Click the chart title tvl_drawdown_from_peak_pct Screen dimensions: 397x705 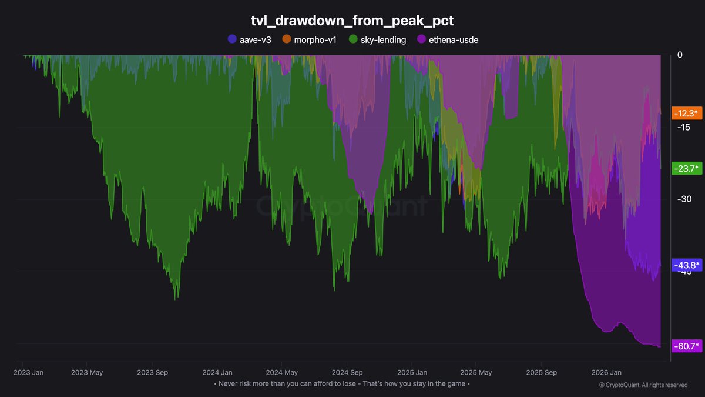click(x=352, y=20)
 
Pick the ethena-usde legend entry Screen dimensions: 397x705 click(x=447, y=40)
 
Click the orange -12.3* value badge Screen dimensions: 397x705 click(x=686, y=114)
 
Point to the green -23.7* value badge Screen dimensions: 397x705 click(x=686, y=169)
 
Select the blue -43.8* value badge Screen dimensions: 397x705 click(x=686, y=265)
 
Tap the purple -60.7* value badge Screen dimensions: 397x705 click(x=686, y=346)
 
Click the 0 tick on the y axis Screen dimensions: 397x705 click(x=680, y=55)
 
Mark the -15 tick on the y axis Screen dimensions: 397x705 click(x=682, y=128)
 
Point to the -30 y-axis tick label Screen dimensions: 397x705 click(x=682, y=199)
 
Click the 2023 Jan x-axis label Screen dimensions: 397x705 click(x=28, y=372)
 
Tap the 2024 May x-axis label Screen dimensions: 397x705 click(x=282, y=372)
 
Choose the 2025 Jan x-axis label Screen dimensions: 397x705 click(x=412, y=372)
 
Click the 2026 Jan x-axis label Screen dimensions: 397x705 click(x=606, y=372)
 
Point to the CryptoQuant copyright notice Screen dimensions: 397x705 click(x=643, y=385)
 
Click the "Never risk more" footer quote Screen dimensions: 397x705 click(x=344, y=384)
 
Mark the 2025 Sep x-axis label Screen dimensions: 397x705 click(x=540, y=372)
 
